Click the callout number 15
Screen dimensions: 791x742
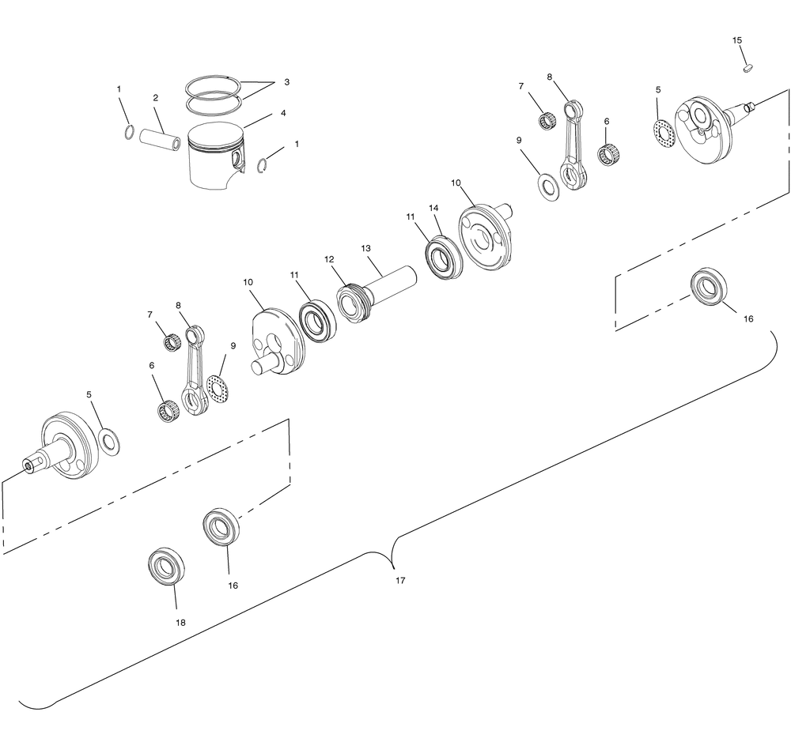[737, 40]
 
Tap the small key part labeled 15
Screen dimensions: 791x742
[748, 67]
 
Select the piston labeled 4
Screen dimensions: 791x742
[217, 156]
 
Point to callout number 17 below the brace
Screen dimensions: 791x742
[400, 581]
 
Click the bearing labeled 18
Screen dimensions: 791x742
[166, 566]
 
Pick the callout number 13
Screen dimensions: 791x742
[365, 248]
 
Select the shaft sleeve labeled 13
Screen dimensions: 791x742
[389, 285]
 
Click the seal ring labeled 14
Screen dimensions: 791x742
[444, 256]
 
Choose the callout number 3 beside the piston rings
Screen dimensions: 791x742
[286, 81]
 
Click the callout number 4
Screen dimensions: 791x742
[283, 114]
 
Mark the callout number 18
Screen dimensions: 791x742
[180, 623]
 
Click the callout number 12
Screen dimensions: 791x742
[329, 260]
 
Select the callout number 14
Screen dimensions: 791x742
[433, 208]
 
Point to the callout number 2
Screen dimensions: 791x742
[155, 98]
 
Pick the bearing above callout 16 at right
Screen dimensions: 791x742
[709, 288]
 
